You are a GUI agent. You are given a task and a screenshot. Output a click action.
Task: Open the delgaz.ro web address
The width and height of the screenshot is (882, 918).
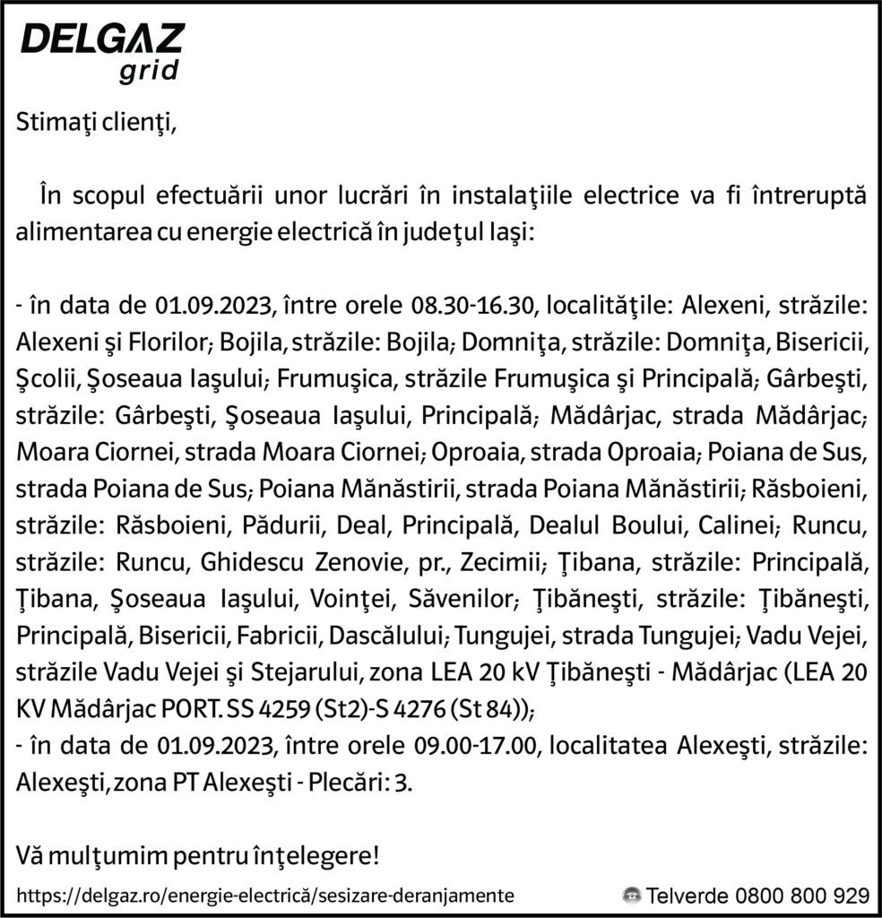tap(265, 895)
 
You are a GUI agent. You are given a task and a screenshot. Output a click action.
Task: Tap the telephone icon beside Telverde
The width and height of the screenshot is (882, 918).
tap(632, 895)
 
